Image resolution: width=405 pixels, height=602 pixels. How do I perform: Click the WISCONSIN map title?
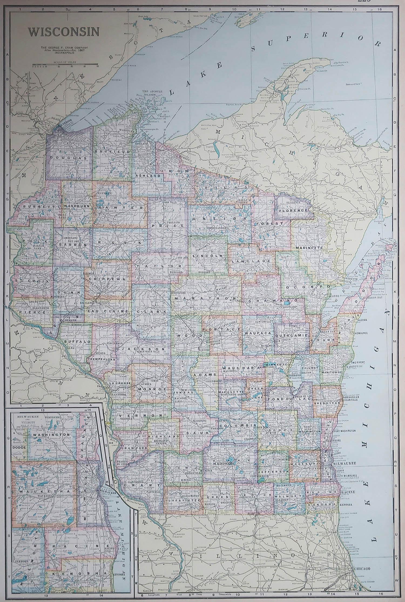pyautogui.click(x=64, y=32)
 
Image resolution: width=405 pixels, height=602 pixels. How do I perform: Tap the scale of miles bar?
pyautogui.click(x=65, y=65)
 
